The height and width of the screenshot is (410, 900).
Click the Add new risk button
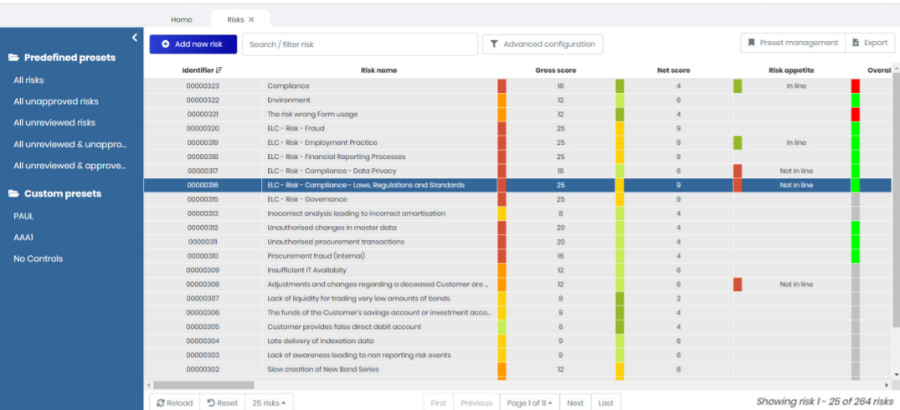click(x=193, y=44)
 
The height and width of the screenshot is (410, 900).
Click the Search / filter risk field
click(x=359, y=44)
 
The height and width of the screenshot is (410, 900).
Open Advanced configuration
click(x=543, y=44)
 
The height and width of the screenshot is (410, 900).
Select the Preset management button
click(x=792, y=43)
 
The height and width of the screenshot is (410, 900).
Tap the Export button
click(x=870, y=43)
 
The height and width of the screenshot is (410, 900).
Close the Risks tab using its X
click(x=251, y=19)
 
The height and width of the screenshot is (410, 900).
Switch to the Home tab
click(x=181, y=19)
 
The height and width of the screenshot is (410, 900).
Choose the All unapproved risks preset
click(x=56, y=101)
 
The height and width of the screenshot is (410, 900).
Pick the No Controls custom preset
click(x=38, y=259)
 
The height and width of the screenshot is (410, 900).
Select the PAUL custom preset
click(x=23, y=216)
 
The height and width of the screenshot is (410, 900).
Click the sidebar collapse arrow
click(x=135, y=38)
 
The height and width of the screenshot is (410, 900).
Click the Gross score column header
click(x=555, y=70)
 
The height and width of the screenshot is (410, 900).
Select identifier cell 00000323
click(x=202, y=86)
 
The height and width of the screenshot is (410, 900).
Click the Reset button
click(x=223, y=402)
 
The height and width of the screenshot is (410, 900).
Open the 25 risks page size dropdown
click(x=269, y=402)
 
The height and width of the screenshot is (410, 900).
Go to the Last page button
click(x=605, y=402)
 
